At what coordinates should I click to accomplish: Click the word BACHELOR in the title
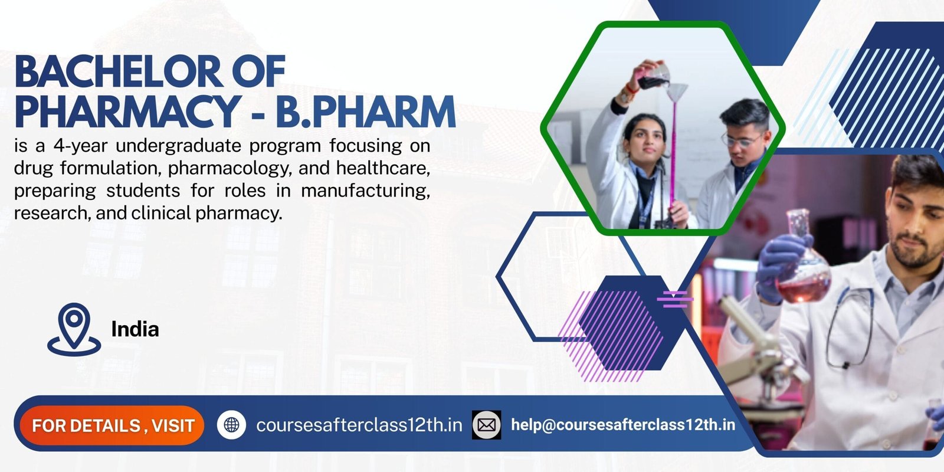pyautogui.click(x=119, y=72)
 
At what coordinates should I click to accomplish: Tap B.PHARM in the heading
pyautogui.click(x=366, y=112)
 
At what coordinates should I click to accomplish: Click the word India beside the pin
pyautogui.click(x=135, y=329)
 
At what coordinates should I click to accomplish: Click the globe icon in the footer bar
pyautogui.click(x=231, y=425)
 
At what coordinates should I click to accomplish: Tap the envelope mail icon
pyautogui.click(x=486, y=425)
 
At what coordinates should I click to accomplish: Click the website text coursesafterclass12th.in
pyautogui.click(x=359, y=425)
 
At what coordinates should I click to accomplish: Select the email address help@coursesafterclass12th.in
pyautogui.click(x=622, y=425)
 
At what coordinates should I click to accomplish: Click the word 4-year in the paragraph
pyautogui.click(x=81, y=146)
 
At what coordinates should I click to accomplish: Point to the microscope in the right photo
pyautogui.click(x=761, y=354)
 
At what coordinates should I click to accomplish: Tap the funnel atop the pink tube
pyautogui.click(x=676, y=91)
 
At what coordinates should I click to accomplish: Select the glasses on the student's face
pyautogui.click(x=742, y=141)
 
